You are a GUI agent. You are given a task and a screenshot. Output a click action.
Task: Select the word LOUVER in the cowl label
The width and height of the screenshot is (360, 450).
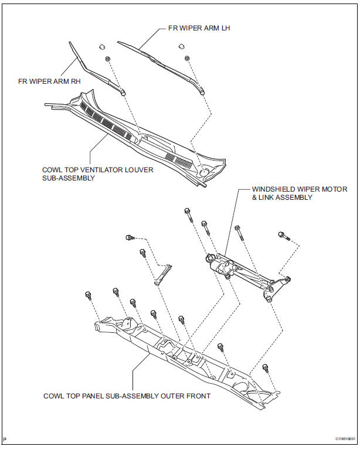136,170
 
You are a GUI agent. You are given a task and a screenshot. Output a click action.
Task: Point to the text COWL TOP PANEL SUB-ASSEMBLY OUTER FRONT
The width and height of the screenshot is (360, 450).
127,396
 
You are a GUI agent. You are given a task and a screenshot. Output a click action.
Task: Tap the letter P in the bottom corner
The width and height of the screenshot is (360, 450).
5,438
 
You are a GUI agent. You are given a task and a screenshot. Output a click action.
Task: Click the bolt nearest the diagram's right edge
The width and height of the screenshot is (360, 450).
283,236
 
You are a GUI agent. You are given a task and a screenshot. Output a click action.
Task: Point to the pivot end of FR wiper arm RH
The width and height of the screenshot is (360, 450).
121,91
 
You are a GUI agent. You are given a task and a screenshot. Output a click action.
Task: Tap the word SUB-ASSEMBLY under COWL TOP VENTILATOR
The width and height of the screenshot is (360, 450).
69,178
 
